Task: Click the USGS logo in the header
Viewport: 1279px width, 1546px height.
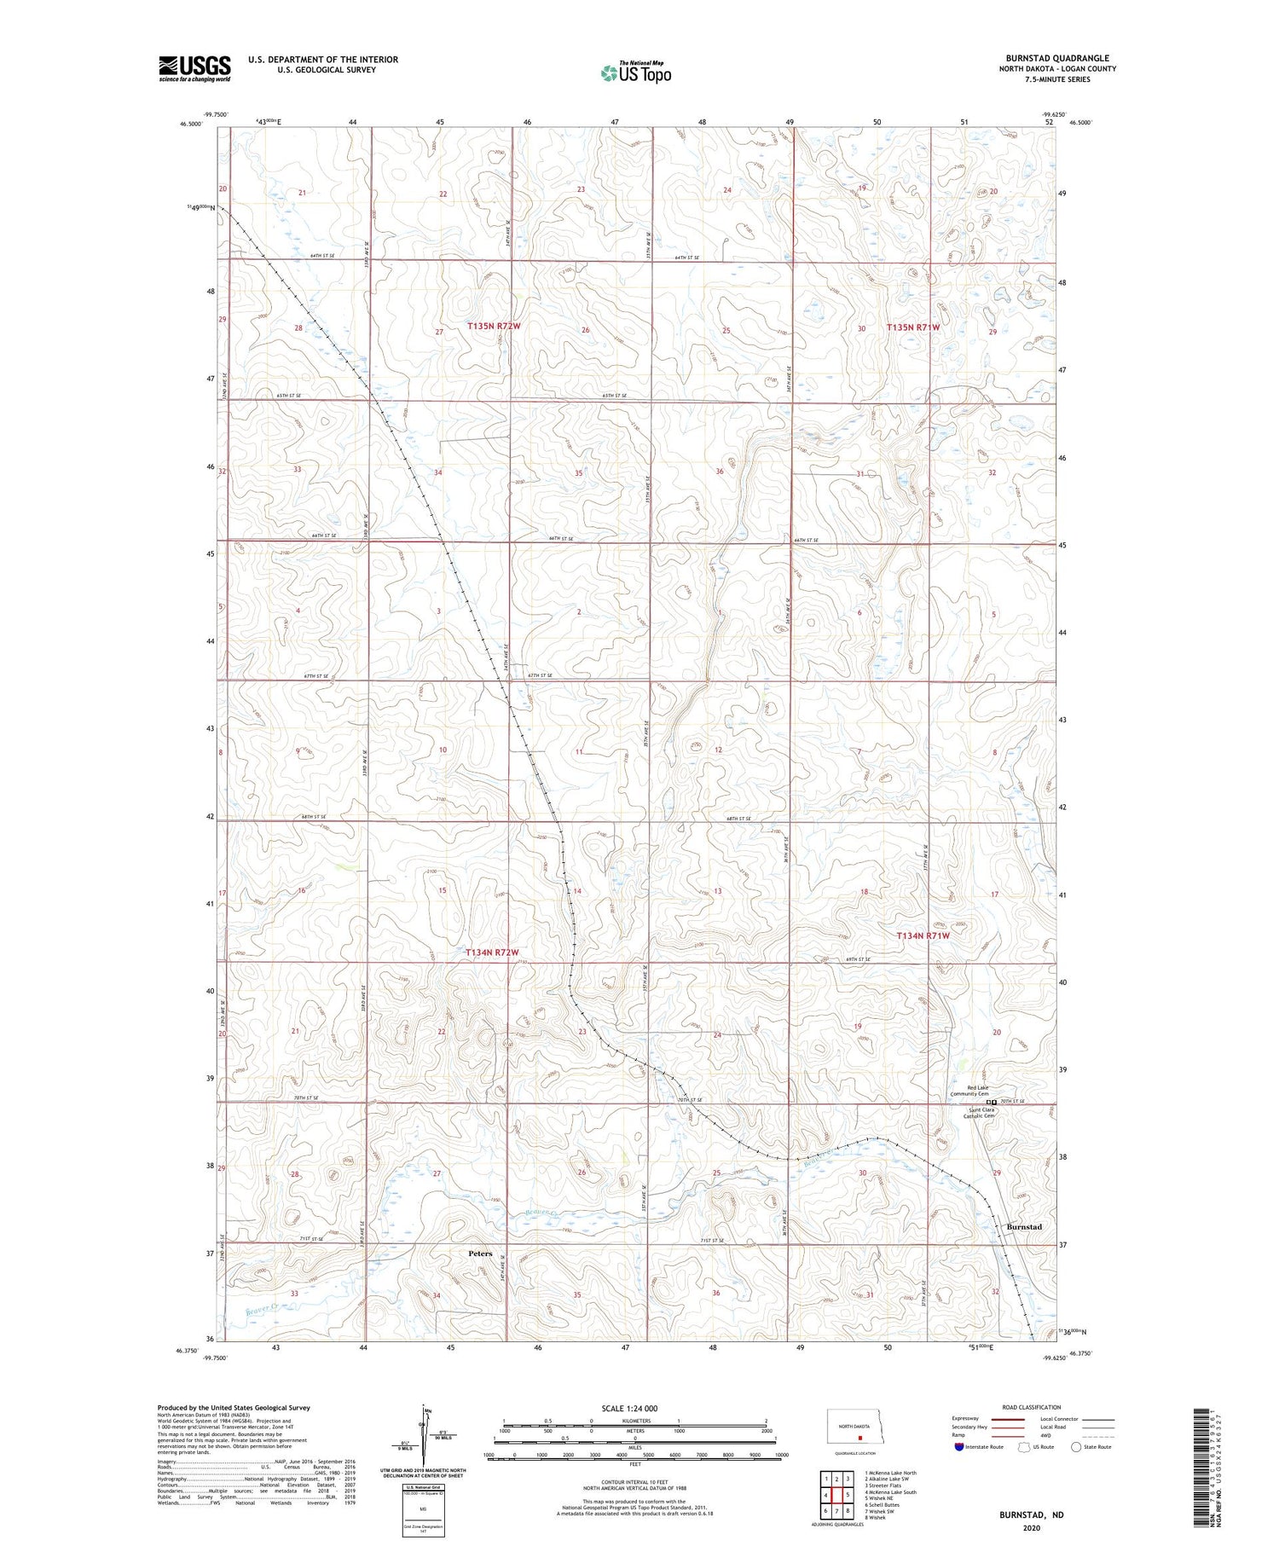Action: coord(194,68)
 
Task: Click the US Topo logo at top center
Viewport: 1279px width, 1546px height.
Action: coord(635,73)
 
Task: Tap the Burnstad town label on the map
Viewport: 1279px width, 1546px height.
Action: coord(1024,1227)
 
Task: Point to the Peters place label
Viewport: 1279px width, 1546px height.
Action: coord(480,1254)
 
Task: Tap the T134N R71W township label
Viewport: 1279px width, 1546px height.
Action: coord(923,935)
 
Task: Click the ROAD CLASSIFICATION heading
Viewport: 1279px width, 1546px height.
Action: coord(1032,1407)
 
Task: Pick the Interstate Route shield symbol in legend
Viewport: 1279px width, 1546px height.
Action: coord(960,1447)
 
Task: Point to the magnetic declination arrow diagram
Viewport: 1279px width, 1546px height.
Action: coord(424,1431)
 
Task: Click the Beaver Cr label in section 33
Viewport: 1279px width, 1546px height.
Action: coord(262,1308)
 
